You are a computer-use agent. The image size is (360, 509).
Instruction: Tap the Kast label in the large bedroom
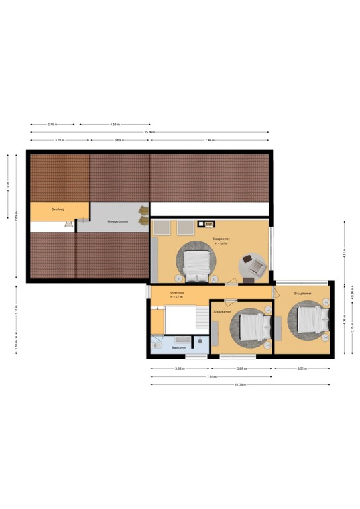[208, 223]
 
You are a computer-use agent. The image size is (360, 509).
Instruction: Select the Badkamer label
[178, 347]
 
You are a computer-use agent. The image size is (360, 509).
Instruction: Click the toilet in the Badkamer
[157, 344]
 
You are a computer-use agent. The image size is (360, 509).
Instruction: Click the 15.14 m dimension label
[150, 132]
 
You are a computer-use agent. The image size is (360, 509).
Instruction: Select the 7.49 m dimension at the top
[210, 140]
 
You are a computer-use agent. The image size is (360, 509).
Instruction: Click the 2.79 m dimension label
[52, 124]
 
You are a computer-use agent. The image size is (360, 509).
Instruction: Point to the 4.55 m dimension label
[114, 124]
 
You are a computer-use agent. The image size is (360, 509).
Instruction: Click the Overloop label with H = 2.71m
[177, 294]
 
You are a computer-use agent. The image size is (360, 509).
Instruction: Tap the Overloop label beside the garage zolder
[58, 209]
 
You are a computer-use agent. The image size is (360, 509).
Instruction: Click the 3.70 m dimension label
[59, 140]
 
